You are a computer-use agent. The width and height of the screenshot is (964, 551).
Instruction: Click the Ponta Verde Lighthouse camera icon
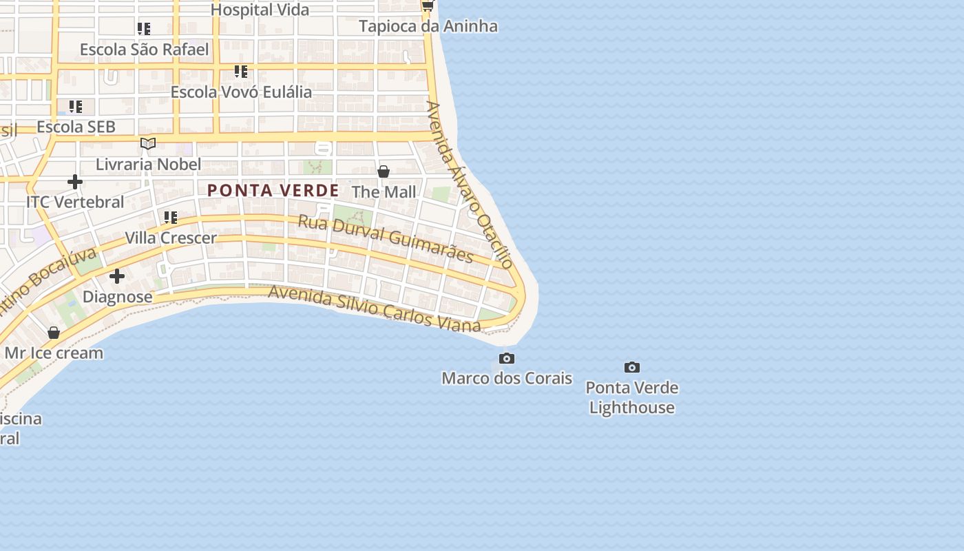(x=631, y=367)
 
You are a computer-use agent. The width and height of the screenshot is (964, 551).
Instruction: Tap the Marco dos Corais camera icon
(x=506, y=358)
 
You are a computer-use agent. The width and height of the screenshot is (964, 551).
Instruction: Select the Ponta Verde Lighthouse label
(x=631, y=397)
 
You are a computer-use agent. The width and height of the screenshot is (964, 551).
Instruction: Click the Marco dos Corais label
(x=507, y=378)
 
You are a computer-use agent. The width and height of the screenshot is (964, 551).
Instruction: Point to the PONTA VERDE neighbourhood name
(x=273, y=191)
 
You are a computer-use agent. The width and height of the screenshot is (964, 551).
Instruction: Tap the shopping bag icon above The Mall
(x=384, y=171)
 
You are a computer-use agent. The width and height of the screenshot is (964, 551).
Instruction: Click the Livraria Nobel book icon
(x=148, y=143)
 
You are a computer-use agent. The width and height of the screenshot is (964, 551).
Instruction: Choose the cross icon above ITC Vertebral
(x=75, y=182)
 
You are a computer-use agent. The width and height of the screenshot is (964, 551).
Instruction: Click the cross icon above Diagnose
(x=117, y=276)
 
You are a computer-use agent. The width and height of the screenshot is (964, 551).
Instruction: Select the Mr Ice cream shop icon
(x=54, y=333)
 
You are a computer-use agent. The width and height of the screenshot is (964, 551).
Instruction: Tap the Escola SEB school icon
(x=75, y=107)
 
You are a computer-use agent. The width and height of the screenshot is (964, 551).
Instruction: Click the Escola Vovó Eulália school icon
(x=240, y=71)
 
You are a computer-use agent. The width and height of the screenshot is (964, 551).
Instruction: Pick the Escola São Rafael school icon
(x=143, y=29)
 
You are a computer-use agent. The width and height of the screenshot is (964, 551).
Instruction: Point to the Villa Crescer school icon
(x=170, y=218)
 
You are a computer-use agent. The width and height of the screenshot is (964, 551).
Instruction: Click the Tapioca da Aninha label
(x=428, y=26)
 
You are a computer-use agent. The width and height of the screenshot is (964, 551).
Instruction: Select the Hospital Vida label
(x=260, y=10)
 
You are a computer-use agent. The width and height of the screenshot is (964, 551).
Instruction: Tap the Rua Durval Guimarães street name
(x=386, y=238)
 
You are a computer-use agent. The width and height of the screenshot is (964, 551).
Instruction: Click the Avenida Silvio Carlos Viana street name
(x=374, y=309)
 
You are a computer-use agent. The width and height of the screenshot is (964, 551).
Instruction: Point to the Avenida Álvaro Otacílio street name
(x=470, y=185)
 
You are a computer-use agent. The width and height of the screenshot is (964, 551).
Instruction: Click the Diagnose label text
(x=117, y=297)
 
